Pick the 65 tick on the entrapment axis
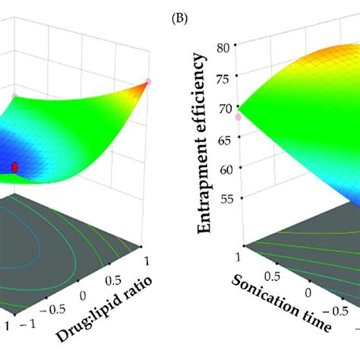click(x=225, y=138)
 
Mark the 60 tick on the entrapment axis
click(x=226, y=169)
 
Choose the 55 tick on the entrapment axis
click(x=226, y=198)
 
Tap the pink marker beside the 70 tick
click(x=238, y=116)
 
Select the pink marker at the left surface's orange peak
click(x=149, y=81)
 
